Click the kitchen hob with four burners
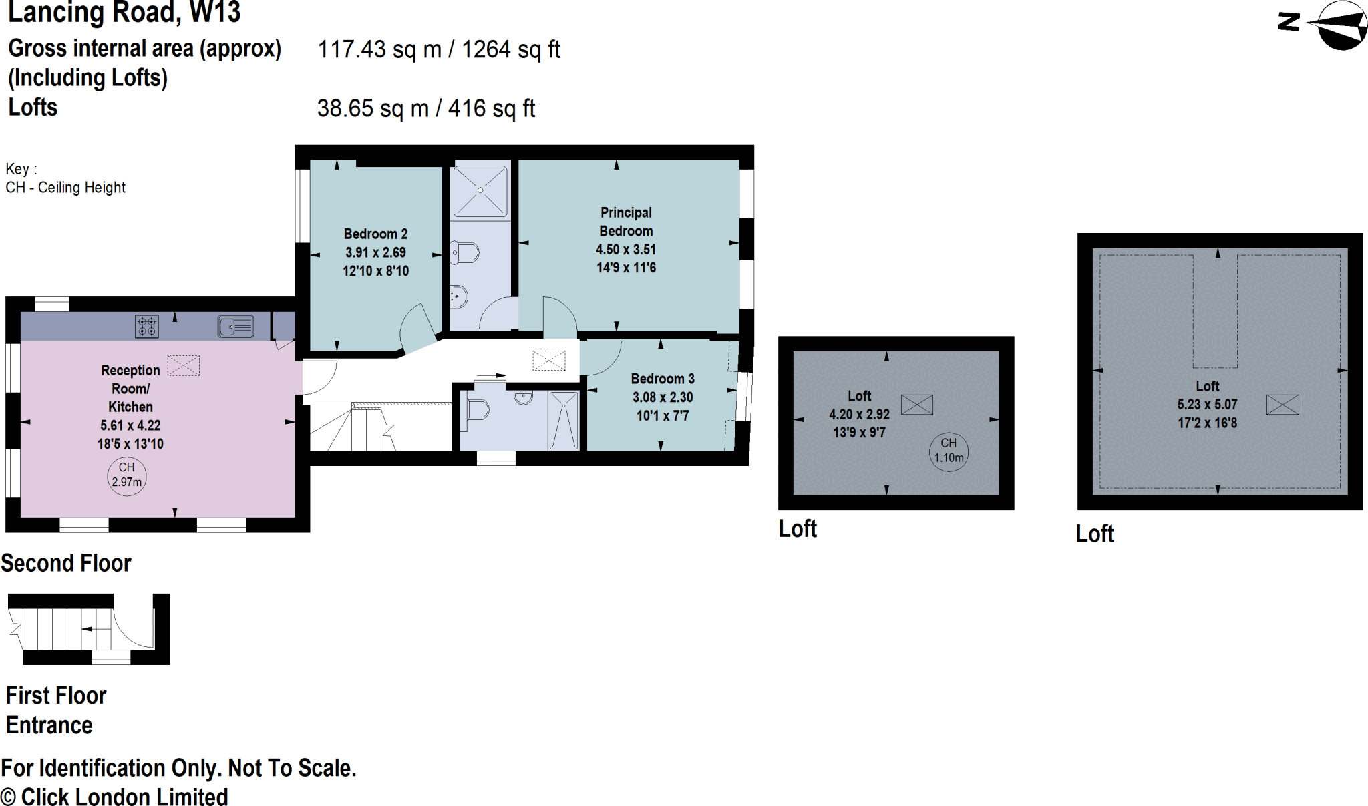147,327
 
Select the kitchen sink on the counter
236,326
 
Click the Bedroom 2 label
375,234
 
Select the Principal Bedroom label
626,222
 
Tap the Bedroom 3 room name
663,379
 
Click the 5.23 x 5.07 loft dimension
1207,404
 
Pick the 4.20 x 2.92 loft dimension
859,414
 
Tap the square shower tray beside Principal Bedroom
480,190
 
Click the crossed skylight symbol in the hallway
549,361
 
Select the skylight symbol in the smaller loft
917,405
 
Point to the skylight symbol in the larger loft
1282,405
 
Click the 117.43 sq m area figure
379,49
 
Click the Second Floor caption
66,563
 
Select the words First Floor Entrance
56,710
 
